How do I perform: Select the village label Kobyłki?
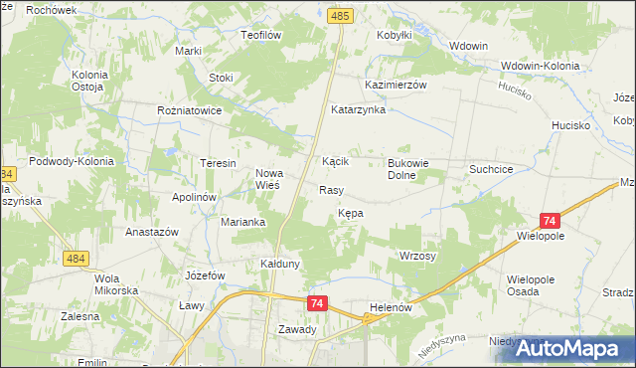[x=395, y=35]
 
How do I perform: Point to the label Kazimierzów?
[x=396, y=86]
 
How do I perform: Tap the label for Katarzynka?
[x=358, y=109]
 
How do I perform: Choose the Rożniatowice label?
[x=189, y=111]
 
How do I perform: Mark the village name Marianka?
[x=242, y=222]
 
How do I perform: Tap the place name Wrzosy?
[x=417, y=256]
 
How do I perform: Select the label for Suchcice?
[x=491, y=169]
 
